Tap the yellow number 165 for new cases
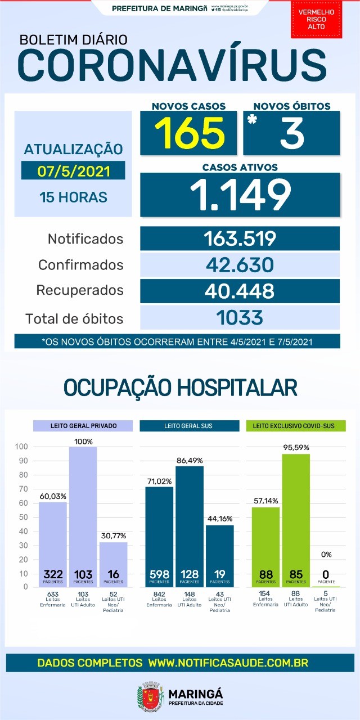[x=189, y=133]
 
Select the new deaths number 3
[x=291, y=133]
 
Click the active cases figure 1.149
[x=240, y=194]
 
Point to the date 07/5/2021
[x=73, y=170]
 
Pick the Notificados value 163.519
[x=240, y=238]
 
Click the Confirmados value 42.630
[x=240, y=264]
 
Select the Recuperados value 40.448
[x=240, y=291]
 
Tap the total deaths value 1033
[x=240, y=318]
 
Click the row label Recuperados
[x=79, y=291]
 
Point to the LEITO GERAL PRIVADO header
[x=83, y=426]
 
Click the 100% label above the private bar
[x=83, y=442]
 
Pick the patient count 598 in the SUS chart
[x=159, y=575]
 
